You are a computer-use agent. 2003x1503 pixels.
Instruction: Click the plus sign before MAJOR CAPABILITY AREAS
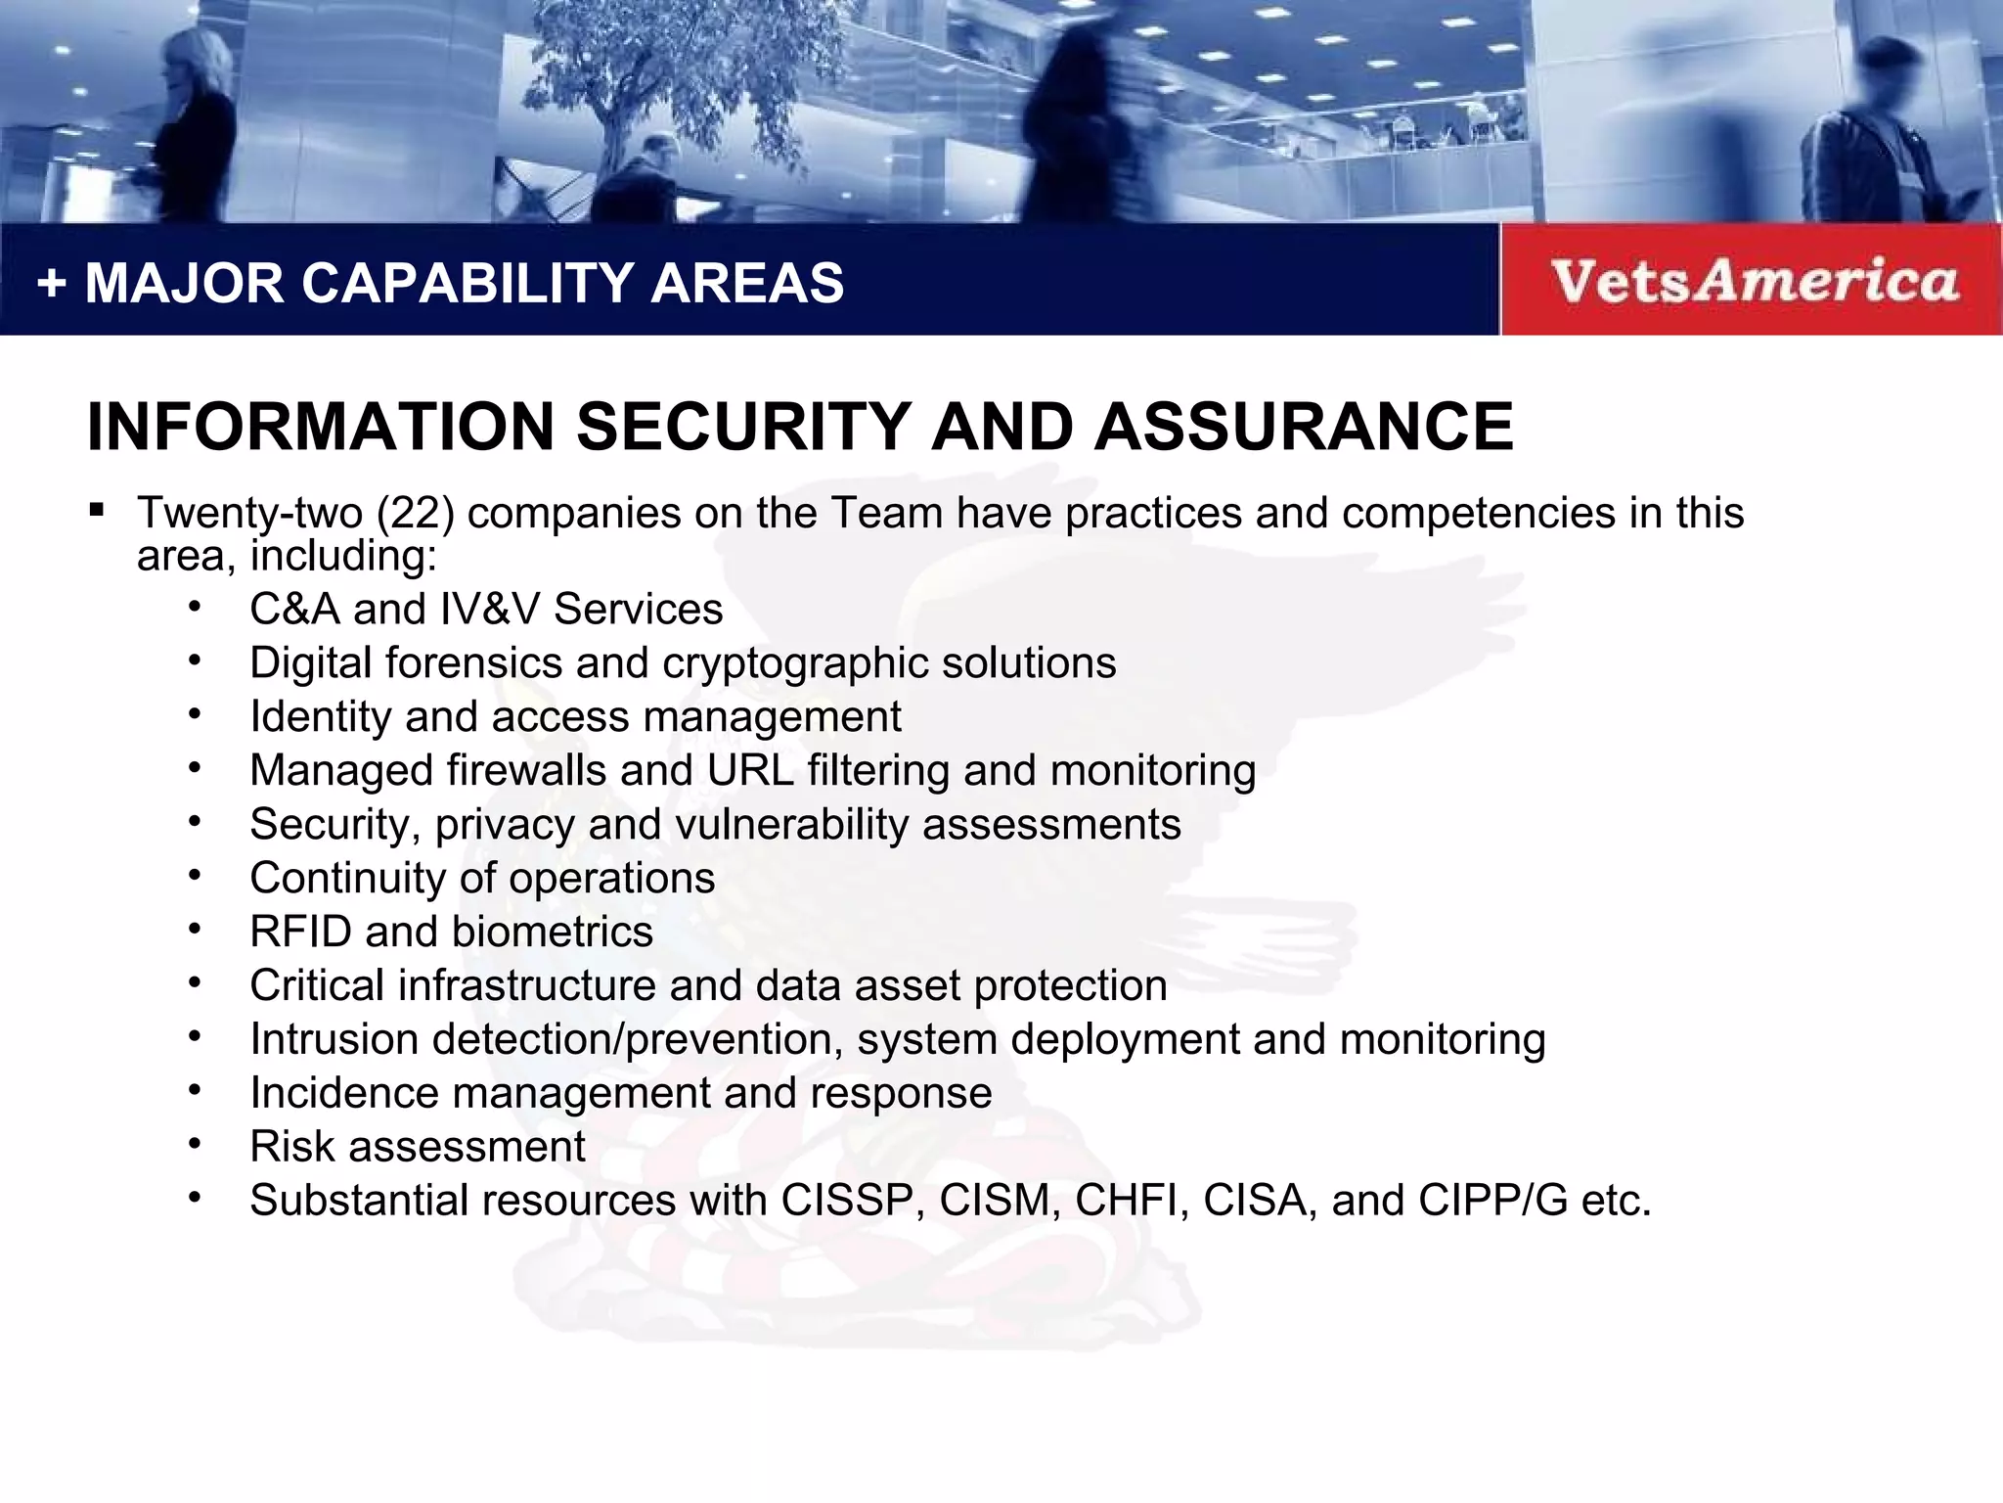[x=51, y=284]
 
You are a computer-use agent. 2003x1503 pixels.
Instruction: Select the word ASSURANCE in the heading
[x=1304, y=427]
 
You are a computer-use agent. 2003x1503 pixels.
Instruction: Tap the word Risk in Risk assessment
[x=291, y=1147]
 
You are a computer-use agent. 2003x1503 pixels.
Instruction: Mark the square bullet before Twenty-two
[x=96, y=510]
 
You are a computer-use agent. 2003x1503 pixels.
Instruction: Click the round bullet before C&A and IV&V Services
[x=195, y=608]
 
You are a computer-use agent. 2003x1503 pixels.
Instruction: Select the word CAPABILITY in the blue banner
[x=465, y=284]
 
